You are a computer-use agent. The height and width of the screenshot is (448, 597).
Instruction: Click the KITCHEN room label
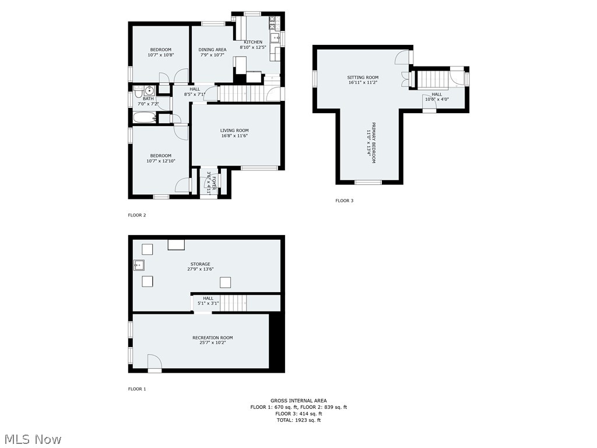253,42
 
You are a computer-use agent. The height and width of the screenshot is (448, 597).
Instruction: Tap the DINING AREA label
212,50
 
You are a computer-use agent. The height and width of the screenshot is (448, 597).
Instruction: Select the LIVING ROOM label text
234,131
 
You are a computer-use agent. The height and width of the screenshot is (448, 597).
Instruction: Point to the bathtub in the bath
145,118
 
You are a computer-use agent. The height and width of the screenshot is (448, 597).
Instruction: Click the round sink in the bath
149,90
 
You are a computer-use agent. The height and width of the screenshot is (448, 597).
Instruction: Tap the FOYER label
214,183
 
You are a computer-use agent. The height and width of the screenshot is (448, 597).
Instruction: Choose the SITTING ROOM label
363,78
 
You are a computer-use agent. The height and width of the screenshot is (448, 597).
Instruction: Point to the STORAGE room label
199,264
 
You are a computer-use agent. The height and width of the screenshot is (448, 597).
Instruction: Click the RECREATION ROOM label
212,338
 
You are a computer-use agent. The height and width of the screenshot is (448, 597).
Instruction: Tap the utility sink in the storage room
139,265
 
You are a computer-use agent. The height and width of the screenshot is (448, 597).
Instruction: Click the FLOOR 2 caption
137,215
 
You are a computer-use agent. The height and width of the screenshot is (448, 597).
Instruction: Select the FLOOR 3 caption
344,201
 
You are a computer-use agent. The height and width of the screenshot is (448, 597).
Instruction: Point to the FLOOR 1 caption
137,388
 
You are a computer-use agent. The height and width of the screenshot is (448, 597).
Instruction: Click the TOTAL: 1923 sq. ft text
298,420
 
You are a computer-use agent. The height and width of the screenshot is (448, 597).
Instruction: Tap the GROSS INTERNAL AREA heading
298,401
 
